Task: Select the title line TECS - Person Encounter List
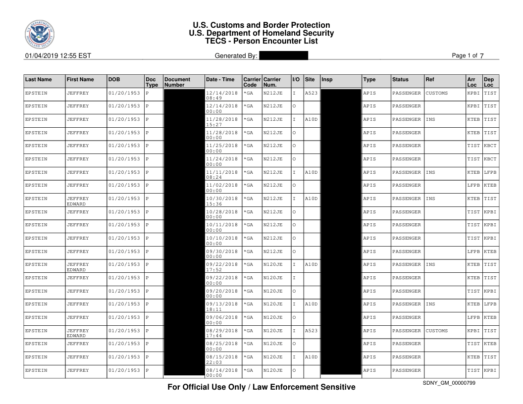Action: (x=261, y=41)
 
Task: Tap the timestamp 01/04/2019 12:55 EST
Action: (x=58, y=56)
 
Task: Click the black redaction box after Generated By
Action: (x=283, y=56)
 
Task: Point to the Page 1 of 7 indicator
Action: (x=468, y=56)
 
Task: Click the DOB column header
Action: (x=114, y=79)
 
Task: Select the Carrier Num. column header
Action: (x=272, y=82)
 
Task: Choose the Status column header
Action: (x=400, y=79)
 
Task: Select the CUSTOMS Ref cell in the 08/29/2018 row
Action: (x=436, y=331)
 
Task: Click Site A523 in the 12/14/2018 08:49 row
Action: (x=311, y=93)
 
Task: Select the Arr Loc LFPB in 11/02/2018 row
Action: (x=473, y=185)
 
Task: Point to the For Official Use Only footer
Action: (x=261, y=387)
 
